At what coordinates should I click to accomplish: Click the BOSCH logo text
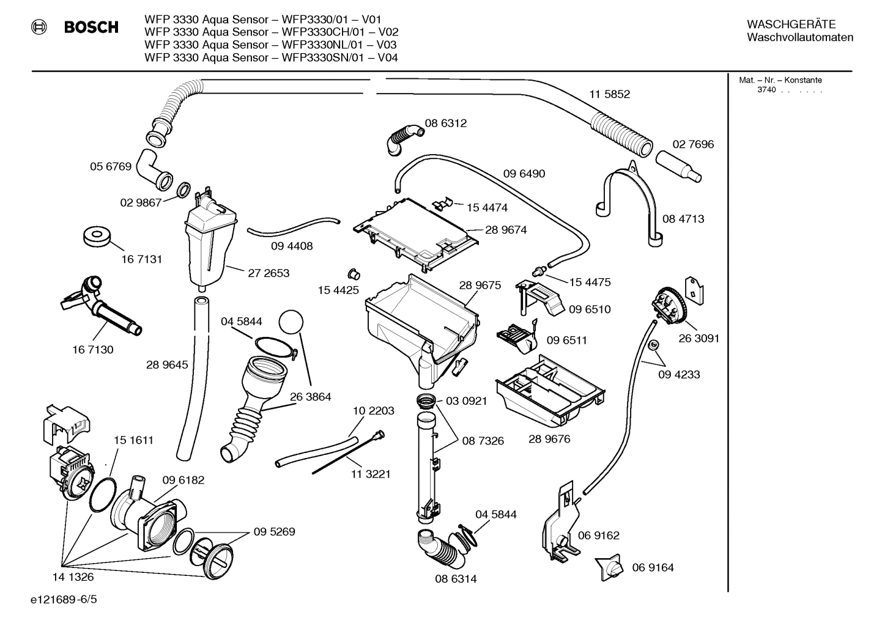coord(91,28)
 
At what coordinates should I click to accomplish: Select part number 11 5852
coord(609,94)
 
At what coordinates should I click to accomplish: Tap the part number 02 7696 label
coord(693,144)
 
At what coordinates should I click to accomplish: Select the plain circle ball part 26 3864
coord(291,322)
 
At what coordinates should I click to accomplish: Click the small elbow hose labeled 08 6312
coord(402,138)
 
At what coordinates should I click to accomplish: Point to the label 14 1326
coord(73,577)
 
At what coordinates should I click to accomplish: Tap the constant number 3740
coord(766,90)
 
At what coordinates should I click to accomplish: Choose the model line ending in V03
coord(270,45)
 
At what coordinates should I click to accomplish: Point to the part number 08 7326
coord(483,440)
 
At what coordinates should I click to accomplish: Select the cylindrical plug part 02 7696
coord(678,166)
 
